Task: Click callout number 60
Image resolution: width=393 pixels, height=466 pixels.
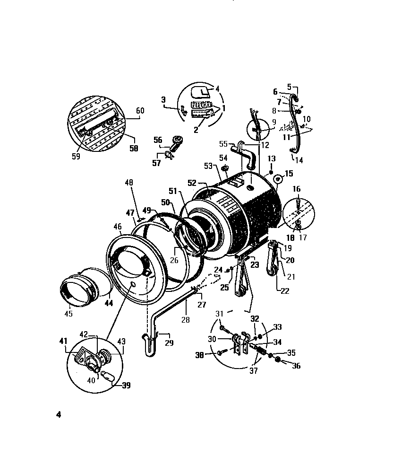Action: tap(140, 111)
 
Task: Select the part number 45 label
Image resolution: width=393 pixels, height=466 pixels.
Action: tap(68, 313)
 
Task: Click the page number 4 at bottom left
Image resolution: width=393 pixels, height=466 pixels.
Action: tap(59, 415)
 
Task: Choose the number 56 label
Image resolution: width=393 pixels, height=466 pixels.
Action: tap(157, 140)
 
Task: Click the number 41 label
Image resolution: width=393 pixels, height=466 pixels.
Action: tap(64, 340)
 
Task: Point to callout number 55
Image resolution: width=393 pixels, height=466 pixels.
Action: tap(223, 143)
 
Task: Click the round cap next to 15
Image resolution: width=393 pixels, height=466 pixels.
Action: tap(278, 179)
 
